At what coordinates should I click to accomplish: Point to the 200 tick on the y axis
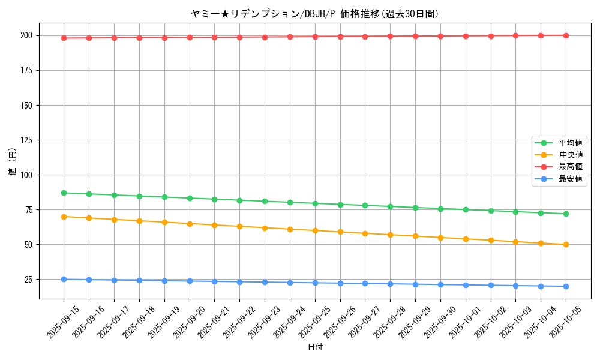pos(28,35)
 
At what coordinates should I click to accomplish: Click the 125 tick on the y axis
pos(28,140)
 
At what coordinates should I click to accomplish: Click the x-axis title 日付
pos(315,347)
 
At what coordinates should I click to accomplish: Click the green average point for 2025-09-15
pos(64,193)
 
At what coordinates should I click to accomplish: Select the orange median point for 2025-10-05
pos(566,244)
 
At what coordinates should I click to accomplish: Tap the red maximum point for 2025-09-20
pos(190,37)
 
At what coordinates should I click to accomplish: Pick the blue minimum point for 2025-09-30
pos(440,284)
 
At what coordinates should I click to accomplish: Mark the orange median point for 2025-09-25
pos(315,230)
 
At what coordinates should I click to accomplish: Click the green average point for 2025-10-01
pos(466,209)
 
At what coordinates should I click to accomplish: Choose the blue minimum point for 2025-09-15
pos(64,279)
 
